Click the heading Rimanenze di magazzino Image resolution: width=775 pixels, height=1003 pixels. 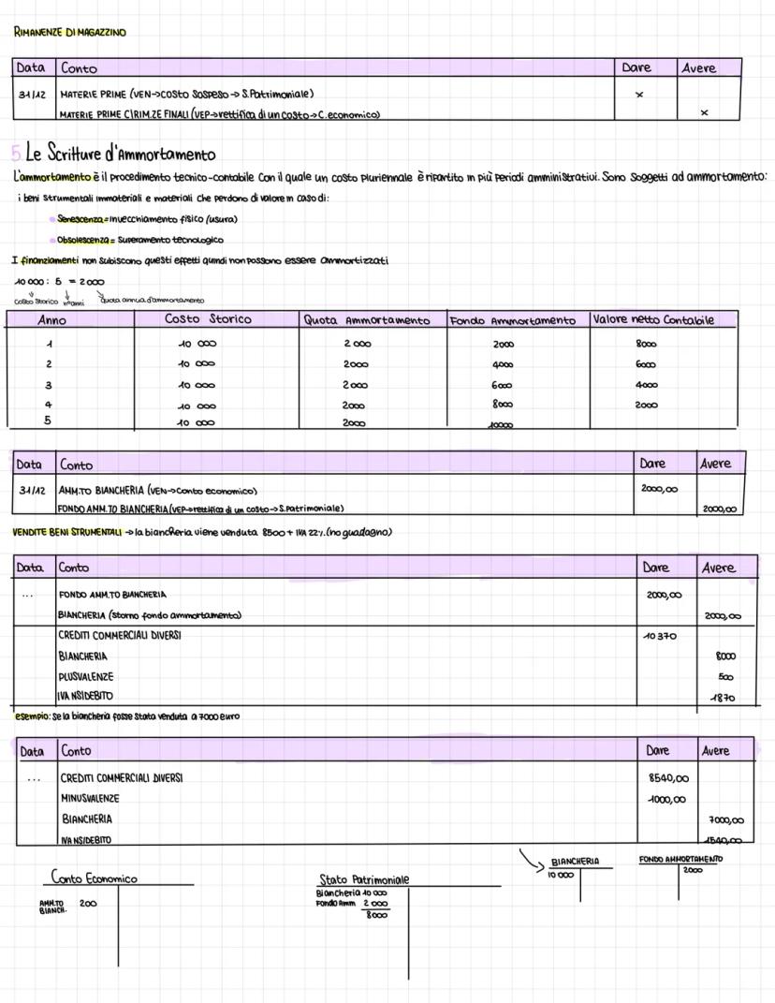[x=69, y=32]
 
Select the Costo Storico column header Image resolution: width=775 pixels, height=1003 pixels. [x=208, y=319]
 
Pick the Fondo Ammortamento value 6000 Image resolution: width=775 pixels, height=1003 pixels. [x=503, y=385]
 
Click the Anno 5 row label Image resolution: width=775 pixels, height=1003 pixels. [x=49, y=420]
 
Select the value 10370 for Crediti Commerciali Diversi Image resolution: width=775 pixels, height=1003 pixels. [x=661, y=636]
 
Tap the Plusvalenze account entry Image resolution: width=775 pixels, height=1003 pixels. [x=85, y=676]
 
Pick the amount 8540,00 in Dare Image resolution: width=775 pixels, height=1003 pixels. [x=668, y=778]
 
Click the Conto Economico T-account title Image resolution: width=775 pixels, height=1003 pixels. [x=95, y=878]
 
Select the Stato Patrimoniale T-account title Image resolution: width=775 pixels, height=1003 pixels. [x=364, y=879]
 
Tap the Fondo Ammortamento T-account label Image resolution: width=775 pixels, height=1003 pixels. [x=680, y=860]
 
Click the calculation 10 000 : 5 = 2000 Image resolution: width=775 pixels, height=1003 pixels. [x=59, y=281]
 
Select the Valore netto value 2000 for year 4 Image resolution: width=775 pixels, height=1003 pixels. [x=647, y=406]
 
